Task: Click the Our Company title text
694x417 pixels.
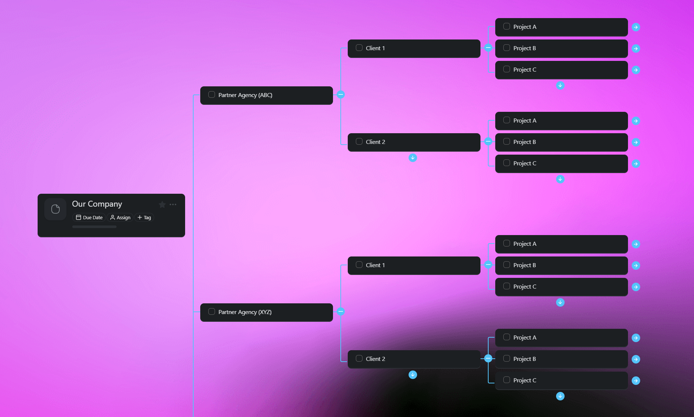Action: (97, 204)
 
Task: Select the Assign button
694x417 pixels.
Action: (120, 218)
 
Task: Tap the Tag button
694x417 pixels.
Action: (144, 218)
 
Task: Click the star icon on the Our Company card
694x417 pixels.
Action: (162, 204)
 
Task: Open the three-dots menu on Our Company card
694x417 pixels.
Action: (173, 204)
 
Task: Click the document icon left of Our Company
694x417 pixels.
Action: (55, 209)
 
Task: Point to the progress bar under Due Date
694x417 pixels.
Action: (94, 227)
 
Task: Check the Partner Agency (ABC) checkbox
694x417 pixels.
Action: (212, 95)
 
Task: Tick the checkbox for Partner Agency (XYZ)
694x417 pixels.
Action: (212, 312)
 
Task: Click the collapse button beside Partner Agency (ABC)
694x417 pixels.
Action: (341, 95)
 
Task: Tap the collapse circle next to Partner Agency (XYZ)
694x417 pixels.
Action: (341, 312)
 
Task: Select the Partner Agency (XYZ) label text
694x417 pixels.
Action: (245, 312)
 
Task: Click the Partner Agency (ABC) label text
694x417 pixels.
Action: (245, 95)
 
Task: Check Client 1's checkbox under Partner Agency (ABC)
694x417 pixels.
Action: (359, 48)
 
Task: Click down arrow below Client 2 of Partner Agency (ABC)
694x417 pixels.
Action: (413, 158)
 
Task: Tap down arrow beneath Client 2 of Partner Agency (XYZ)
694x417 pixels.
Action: (413, 375)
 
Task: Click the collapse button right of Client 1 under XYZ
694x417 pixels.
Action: (488, 265)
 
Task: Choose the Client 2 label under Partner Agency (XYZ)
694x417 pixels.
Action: (375, 359)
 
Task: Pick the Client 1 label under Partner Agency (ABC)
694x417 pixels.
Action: (375, 48)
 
